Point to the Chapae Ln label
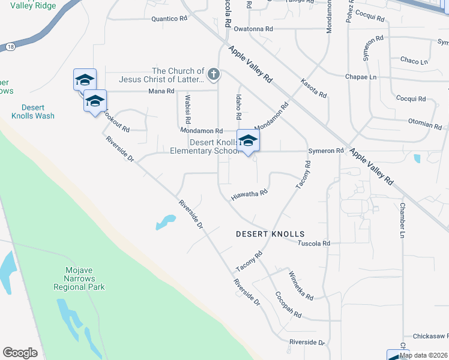point(361,77)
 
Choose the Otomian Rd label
point(425,125)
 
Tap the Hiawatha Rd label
point(249,194)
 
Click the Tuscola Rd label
point(315,244)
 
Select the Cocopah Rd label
point(288,305)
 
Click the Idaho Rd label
point(238,107)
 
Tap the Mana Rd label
point(161,91)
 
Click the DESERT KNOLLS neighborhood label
point(270,234)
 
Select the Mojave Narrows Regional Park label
point(79,279)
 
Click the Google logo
point(20,353)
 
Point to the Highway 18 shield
point(11,46)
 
